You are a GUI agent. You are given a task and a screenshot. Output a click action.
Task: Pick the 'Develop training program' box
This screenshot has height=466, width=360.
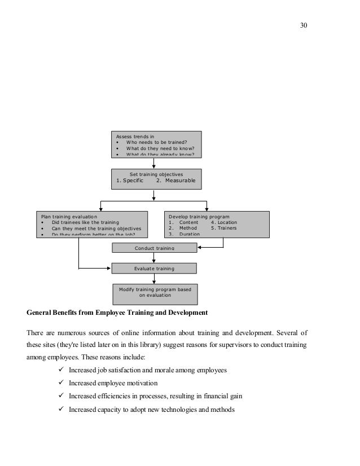click(217, 225)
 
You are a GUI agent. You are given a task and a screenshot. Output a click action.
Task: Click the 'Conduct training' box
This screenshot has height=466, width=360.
click(155, 248)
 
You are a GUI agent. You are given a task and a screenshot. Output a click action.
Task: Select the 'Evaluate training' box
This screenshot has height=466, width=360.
click(154, 269)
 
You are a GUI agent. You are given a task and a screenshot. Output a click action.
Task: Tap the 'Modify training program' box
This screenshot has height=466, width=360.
click(155, 292)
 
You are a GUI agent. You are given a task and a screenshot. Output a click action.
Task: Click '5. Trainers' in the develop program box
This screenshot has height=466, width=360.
click(223, 228)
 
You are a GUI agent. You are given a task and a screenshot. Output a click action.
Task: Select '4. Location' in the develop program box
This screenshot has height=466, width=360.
click(223, 222)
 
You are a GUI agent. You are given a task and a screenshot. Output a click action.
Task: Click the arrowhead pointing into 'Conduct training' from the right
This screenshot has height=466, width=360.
click(199, 247)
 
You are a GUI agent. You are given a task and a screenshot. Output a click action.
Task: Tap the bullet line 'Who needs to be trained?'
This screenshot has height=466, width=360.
click(156, 143)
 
